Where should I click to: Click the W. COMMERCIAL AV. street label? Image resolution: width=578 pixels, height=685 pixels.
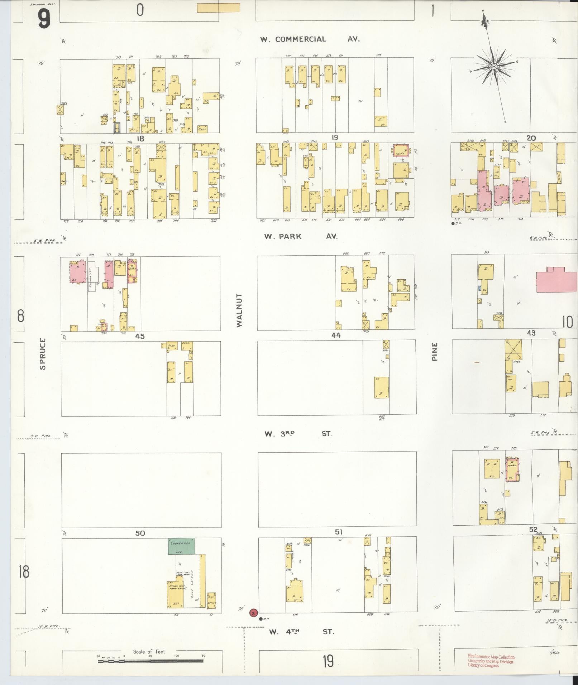click(x=310, y=39)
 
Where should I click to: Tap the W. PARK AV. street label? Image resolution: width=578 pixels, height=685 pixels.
click(x=301, y=236)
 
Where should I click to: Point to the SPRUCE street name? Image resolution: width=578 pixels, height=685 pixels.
click(x=43, y=354)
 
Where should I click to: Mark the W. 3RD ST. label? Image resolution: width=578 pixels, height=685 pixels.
click(x=298, y=434)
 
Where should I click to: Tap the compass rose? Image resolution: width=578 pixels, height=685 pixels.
click(x=493, y=67)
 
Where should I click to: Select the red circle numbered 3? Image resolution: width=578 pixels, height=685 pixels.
click(x=254, y=613)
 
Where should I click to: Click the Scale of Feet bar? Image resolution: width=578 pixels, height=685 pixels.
click(x=151, y=661)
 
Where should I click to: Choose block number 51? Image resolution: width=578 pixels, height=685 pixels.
click(x=339, y=532)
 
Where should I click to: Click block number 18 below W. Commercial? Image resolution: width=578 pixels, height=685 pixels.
click(x=140, y=138)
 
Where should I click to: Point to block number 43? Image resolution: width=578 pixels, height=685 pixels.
click(x=531, y=333)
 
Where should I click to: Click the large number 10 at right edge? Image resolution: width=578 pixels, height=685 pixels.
click(x=567, y=322)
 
